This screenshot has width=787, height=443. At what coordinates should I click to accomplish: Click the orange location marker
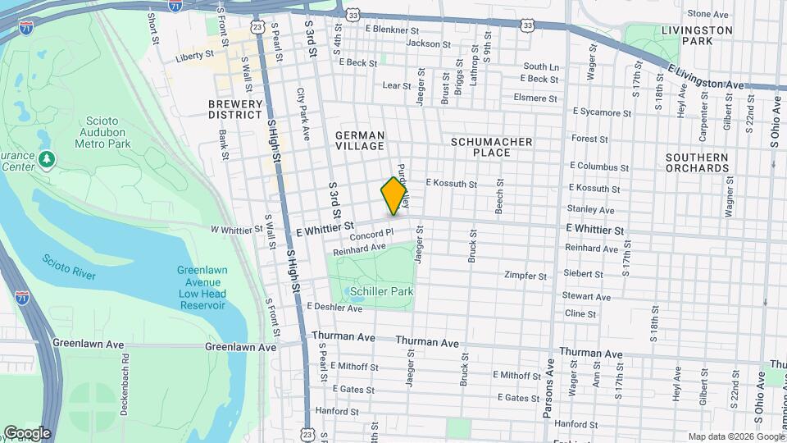coord(394,197)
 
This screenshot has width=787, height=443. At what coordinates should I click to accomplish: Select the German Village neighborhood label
coord(360,140)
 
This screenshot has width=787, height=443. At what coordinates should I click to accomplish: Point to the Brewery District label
coord(235,110)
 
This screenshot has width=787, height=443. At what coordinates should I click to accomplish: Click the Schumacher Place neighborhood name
coord(492,148)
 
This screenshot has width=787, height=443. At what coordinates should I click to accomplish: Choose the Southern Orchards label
coord(697,162)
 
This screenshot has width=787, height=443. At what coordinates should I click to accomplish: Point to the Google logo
coord(26,432)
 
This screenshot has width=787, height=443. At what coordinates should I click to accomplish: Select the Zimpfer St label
coord(525,276)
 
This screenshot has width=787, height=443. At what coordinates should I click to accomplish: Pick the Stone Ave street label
coord(708,14)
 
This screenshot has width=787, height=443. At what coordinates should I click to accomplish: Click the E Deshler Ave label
coord(334,308)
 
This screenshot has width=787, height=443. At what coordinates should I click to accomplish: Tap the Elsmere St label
coord(535,98)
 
